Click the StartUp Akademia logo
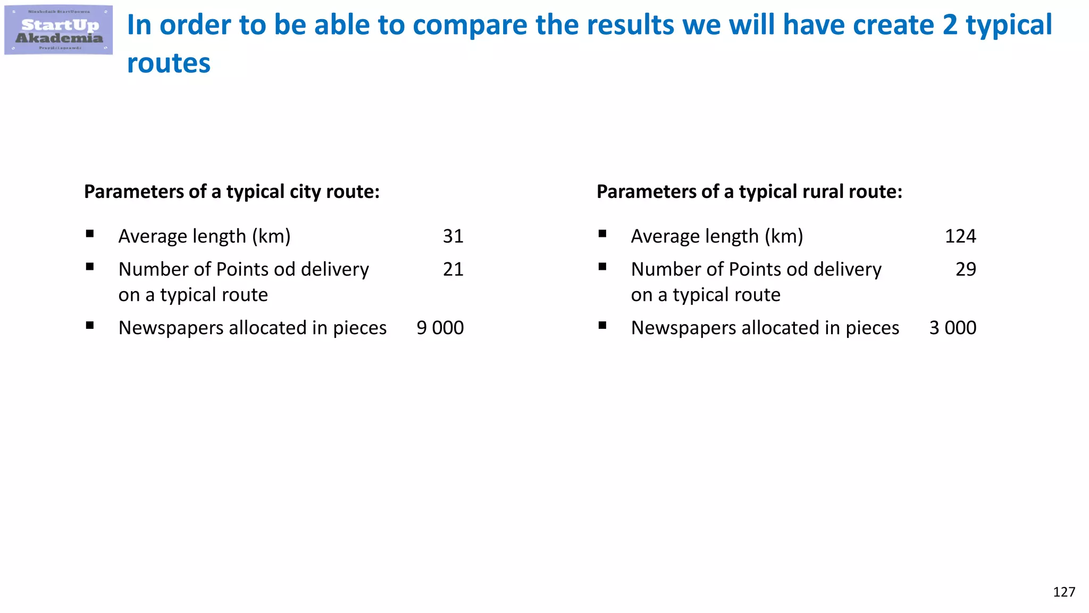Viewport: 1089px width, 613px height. point(58,30)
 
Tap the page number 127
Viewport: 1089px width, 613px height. point(1063,592)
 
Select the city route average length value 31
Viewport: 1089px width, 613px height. point(453,236)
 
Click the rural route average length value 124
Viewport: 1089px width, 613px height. point(960,236)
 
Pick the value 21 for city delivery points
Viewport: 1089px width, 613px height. point(453,269)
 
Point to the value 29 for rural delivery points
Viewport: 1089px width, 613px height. point(966,269)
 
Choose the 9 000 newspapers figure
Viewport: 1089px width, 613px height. point(440,328)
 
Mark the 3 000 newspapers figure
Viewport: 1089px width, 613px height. point(952,328)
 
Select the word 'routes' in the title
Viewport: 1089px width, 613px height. point(169,63)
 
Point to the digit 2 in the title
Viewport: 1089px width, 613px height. point(950,25)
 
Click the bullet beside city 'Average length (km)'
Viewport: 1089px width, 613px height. point(90,234)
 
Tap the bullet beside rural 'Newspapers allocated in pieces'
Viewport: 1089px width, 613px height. point(602,325)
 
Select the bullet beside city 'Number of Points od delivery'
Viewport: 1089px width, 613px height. point(90,267)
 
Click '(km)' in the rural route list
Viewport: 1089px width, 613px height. point(784,236)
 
